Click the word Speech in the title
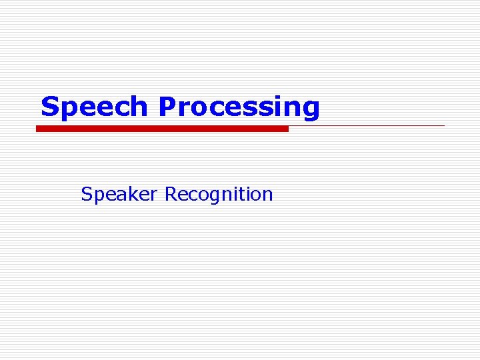coord(94,107)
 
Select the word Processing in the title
coord(239,107)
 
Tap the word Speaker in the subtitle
coord(119,195)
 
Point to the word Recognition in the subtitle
coord(219,195)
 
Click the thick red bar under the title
coord(162,129)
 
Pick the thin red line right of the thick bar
coord(367,125)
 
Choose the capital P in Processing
coord(167,106)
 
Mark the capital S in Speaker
coord(86,194)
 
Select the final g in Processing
coord(311,109)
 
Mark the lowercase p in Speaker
coord(98,197)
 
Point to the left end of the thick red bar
coord(38,129)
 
